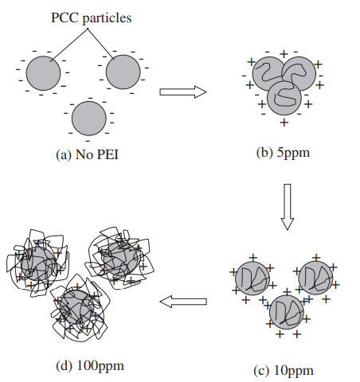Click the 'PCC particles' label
click(91, 18)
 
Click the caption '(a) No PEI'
click(87, 154)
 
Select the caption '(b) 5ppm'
click(283, 153)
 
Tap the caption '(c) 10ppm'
click(284, 370)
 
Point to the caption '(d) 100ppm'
click(90, 366)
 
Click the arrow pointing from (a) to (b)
click(183, 92)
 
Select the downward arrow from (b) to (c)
click(288, 207)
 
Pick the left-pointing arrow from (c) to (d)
click(183, 302)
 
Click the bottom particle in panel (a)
click(89, 119)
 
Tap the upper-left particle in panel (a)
click(43, 73)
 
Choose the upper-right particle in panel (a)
click(123, 72)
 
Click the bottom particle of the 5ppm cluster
click(284, 98)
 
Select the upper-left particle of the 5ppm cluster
click(269, 74)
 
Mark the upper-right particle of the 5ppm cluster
click(299, 74)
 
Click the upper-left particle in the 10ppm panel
click(252, 279)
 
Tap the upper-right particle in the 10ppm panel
click(315, 278)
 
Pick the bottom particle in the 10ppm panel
click(286, 312)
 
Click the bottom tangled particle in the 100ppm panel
click(79, 308)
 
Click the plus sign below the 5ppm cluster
click(284, 123)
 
